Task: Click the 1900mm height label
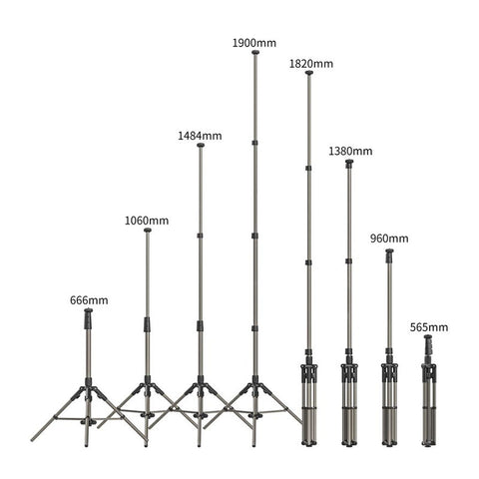click(254, 43)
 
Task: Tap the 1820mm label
click(311, 64)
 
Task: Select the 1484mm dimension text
click(200, 136)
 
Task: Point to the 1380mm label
click(350, 151)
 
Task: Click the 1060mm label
click(147, 221)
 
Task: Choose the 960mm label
click(389, 239)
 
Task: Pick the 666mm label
click(89, 300)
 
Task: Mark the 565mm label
click(429, 327)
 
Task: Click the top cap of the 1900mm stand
click(255, 52)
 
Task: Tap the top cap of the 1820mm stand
click(309, 73)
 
